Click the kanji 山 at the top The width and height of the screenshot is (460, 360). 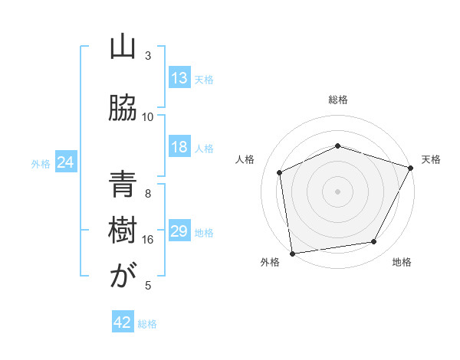pos(122,47)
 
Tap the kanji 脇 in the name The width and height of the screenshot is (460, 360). pos(122,107)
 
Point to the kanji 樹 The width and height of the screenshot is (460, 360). pos(122,231)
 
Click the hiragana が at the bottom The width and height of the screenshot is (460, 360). pos(122,277)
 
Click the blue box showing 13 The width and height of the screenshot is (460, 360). pos(179,78)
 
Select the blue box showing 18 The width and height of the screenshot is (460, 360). pos(179,147)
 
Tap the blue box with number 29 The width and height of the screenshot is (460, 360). pos(179,231)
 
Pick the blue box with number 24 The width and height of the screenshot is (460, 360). pos(66,162)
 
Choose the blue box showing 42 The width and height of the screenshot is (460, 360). pos(123,322)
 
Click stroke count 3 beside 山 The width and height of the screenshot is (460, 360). pos(148,56)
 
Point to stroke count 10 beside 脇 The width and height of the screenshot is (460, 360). pos(148,117)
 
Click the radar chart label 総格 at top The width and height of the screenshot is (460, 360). pos(338,100)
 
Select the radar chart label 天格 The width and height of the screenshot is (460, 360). pos(432,159)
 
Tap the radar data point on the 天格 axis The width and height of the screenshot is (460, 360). pos(411,168)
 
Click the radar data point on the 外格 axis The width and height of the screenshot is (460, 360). pos(292,253)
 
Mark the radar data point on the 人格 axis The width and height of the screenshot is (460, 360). pos(280,172)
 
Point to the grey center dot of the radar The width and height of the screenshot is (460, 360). pos(337,191)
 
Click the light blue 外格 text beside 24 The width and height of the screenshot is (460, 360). pos(41,163)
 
